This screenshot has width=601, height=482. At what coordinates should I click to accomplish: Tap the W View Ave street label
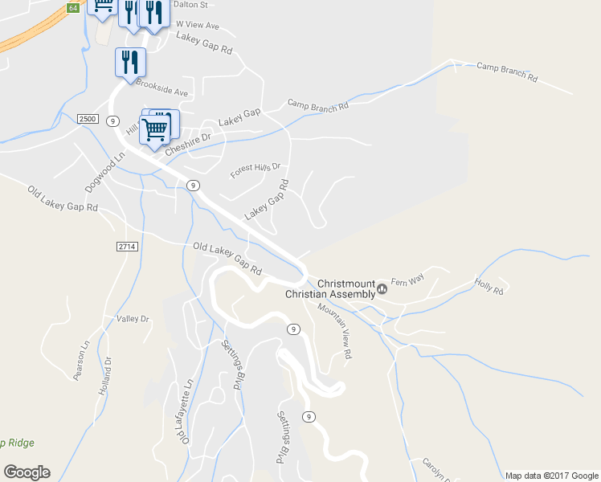(x=197, y=25)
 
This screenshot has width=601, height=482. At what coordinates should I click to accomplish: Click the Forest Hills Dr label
(x=256, y=170)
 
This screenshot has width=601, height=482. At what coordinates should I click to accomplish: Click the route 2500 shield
(x=88, y=119)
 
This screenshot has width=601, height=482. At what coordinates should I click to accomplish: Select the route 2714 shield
(x=127, y=246)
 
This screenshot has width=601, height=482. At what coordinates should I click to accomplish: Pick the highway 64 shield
(x=73, y=7)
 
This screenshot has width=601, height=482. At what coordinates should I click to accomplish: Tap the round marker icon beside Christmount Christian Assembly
(x=382, y=289)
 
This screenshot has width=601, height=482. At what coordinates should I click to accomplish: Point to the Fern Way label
(x=407, y=281)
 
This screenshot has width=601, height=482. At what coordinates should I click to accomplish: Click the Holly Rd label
(x=489, y=285)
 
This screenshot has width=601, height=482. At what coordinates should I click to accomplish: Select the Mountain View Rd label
(x=334, y=331)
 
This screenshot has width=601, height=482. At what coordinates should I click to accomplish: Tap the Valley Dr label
(x=133, y=319)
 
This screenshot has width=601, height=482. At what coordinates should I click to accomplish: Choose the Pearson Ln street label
(x=81, y=361)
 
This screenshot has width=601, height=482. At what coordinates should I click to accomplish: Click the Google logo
(x=27, y=472)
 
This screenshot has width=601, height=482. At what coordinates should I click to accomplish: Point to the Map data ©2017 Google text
(x=551, y=475)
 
